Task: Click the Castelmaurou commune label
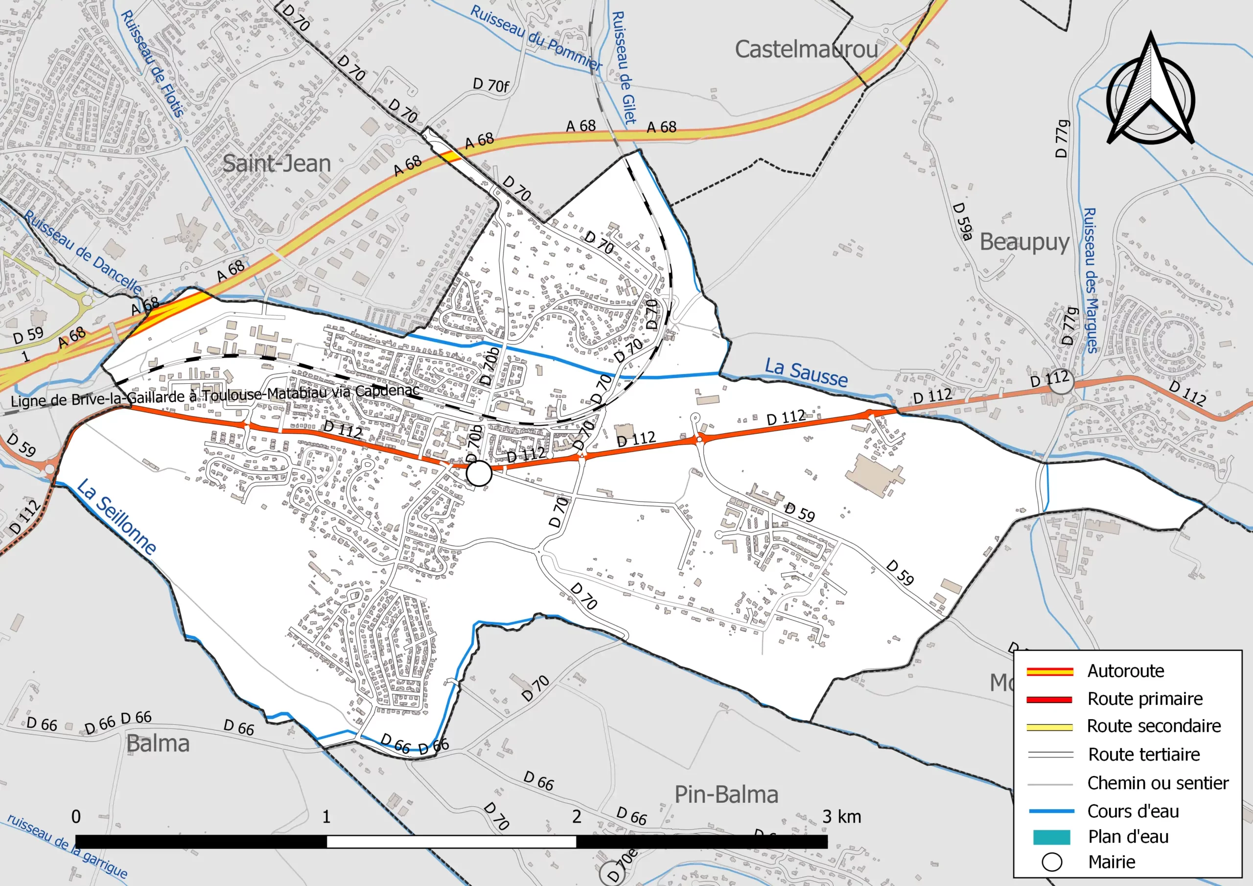806,49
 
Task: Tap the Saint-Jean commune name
277,164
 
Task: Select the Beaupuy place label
1024,242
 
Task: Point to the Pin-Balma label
726,795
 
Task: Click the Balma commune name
158,744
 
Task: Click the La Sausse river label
806,373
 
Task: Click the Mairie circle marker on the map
479,473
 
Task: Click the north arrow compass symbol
1150,93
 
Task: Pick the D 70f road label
490,85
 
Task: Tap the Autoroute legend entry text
1125,671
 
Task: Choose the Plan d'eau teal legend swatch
1051,837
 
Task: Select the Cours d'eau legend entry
1133,811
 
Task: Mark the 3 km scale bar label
841,816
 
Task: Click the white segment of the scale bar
451,841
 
